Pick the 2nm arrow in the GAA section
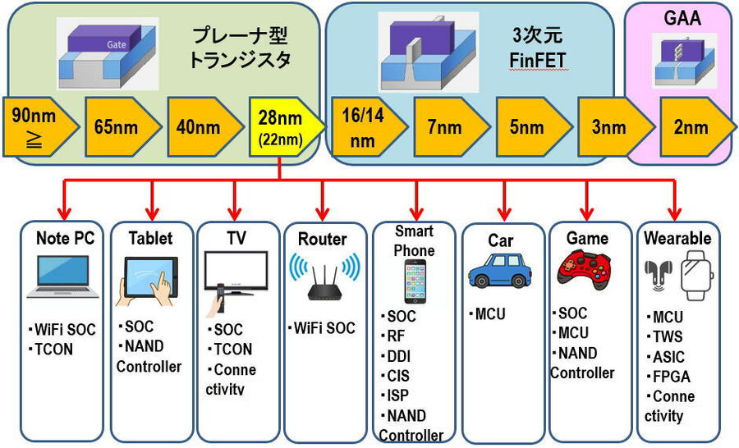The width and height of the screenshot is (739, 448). [690, 127]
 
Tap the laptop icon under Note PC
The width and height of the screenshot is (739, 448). [62, 277]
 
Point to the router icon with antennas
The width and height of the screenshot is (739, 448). [324, 276]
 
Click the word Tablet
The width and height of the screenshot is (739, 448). [150, 239]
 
